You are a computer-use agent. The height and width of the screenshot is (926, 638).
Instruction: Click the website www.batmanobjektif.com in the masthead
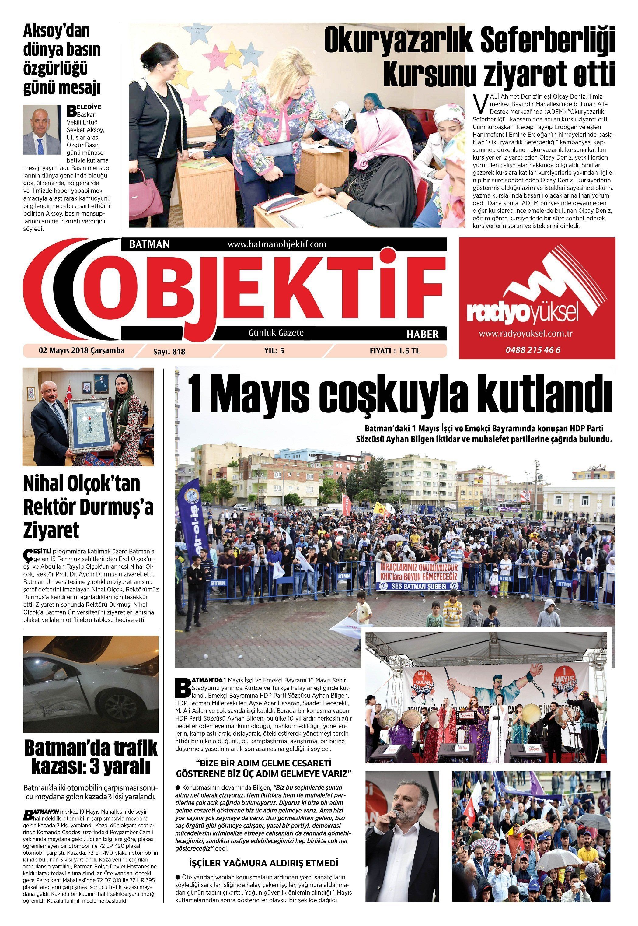click(x=277, y=244)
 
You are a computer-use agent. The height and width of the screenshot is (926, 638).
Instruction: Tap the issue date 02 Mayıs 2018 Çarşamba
click(x=82, y=350)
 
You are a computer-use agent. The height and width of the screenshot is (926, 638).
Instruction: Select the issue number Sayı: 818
click(x=169, y=352)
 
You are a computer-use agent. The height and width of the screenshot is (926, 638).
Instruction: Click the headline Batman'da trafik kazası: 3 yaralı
click(x=91, y=758)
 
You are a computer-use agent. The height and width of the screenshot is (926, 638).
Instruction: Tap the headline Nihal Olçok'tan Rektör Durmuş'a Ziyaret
click(x=88, y=507)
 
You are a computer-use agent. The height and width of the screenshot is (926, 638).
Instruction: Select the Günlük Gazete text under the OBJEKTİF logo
click(x=276, y=333)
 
